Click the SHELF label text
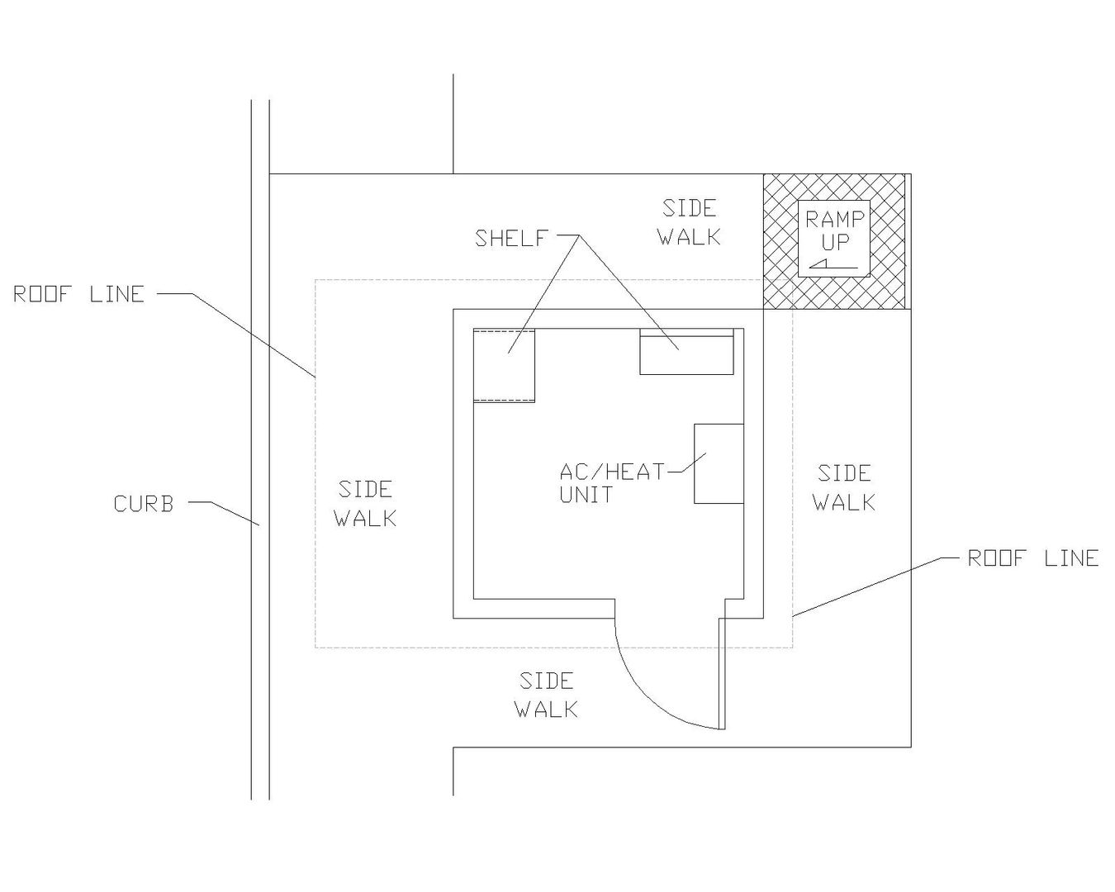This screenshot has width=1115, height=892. pyautogui.click(x=511, y=239)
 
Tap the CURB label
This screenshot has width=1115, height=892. pyautogui.click(x=144, y=504)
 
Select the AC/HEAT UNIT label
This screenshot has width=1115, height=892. pyautogui.click(x=611, y=483)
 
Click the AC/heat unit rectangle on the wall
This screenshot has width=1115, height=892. pyautogui.click(x=719, y=463)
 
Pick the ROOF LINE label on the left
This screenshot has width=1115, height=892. pyautogui.click(x=78, y=294)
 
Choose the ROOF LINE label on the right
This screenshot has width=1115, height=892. pyautogui.click(x=1032, y=558)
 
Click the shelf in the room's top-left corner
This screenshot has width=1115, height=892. pyautogui.click(x=504, y=365)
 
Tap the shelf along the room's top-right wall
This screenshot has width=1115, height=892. pyautogui.click(x=687, y=353)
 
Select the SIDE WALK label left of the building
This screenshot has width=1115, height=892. pyautogui.click(x=365, y=504)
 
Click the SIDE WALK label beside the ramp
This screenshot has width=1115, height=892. pyautogui.click(x=689, y=222)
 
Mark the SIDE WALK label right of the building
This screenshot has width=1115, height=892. pyautogui.click(x=844, y=487)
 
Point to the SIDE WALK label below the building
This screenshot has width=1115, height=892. pyautogui.click(x=546, y=695)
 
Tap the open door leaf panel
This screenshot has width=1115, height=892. pyautogui.click(x=722, y=673)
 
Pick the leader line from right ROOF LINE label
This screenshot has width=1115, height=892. pyautogui.click(x=867, y=587)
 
